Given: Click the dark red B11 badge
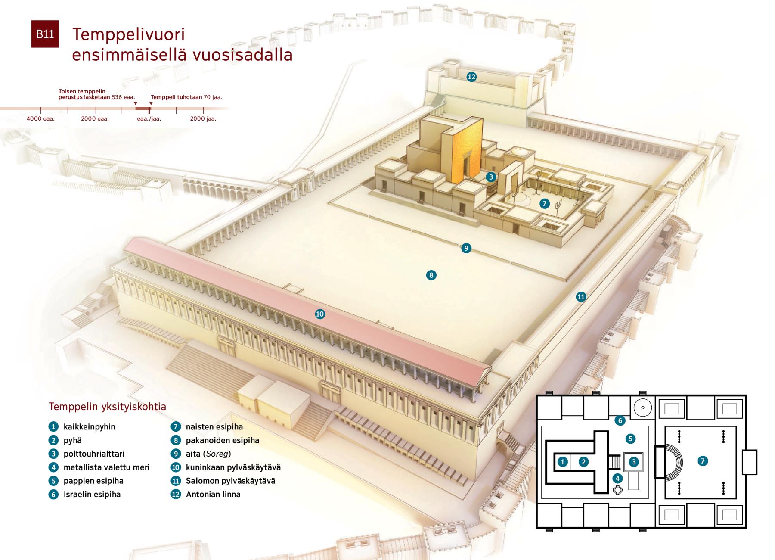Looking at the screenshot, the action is (45, 34).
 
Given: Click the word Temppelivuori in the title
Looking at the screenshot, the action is (129, 34).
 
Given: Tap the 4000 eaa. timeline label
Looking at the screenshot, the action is (41, 118).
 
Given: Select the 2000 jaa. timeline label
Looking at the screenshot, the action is (203, 118).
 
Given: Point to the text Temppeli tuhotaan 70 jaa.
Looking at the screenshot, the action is (186, 97).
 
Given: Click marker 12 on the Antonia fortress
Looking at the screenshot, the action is (471, 77).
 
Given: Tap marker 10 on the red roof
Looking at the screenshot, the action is (320, 314).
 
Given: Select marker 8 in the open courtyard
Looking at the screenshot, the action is (431, 275).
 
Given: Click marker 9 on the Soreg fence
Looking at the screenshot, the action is (466, 248).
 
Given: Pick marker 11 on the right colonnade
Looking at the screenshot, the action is (581, 296).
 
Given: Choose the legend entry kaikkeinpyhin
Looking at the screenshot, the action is (90, 427).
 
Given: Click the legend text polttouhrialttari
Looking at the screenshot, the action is (94, 454).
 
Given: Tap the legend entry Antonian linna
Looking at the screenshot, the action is (213, 494).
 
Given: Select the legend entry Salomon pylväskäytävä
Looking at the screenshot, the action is (230, 481).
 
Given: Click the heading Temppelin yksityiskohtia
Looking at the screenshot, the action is (107, 407).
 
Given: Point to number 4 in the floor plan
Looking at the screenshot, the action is (618, 478).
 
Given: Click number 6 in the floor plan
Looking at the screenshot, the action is (620, 420).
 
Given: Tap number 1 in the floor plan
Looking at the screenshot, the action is (562, 462).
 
